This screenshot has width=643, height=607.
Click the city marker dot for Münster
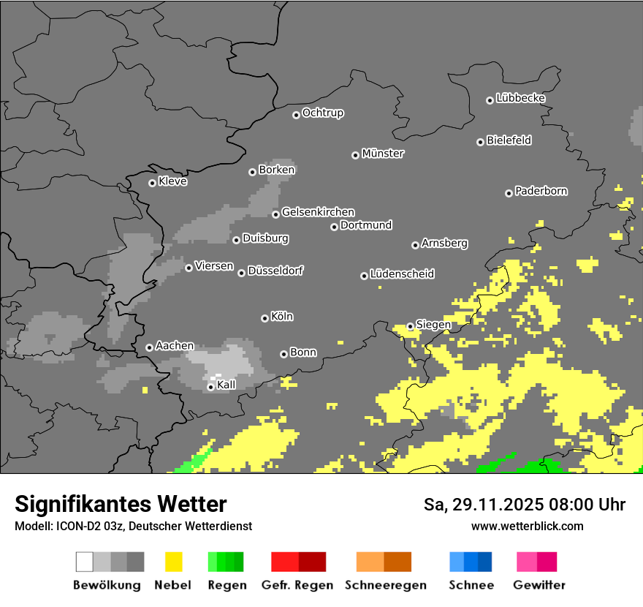355,155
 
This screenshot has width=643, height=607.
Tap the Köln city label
282,317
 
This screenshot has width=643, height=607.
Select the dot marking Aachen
149,347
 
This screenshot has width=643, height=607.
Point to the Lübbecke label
520,98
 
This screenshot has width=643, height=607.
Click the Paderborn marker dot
509,193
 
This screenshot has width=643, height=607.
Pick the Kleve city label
172,181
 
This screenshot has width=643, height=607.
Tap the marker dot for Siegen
411,326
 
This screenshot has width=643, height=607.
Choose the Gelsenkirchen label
318,212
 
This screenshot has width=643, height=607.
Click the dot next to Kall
210,387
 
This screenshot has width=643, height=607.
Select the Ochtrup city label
323,113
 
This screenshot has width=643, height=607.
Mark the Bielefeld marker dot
480,142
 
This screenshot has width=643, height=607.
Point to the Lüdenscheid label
402,274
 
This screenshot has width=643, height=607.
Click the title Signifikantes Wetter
121,504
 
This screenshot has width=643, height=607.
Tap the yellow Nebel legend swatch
173,562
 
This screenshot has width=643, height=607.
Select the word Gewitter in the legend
539,585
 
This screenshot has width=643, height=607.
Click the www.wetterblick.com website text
527,526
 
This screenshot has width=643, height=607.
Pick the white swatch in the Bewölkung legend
84,562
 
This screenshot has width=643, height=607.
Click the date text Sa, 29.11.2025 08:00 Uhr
525,505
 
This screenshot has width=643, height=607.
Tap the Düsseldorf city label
275,271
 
